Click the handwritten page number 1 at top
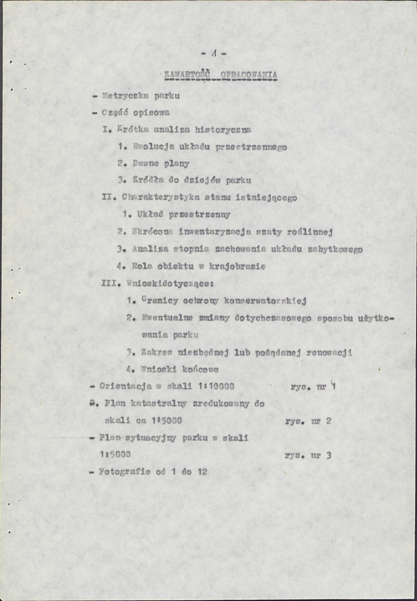[x=214, y=52]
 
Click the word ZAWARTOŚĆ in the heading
[x=186, y=76]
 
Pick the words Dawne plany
[x=161, y=163]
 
